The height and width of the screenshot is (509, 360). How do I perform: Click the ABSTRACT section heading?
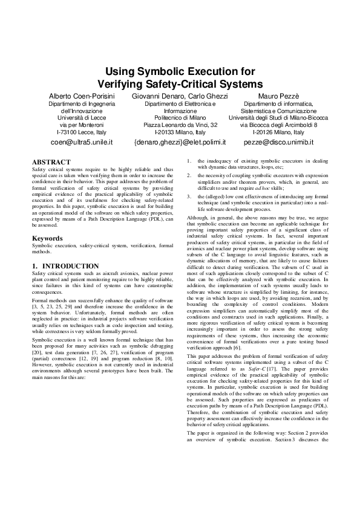tap(51, 163)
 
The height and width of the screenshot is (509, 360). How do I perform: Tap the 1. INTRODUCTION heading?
tap(65, 266)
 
